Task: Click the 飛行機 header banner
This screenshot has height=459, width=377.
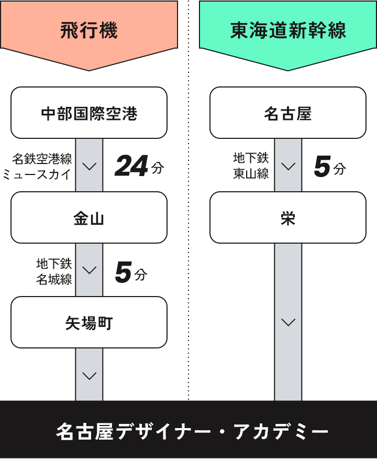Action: pos(89,30)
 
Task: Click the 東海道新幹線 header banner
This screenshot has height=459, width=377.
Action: pos(288,30)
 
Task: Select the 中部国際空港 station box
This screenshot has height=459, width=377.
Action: pos(89,113)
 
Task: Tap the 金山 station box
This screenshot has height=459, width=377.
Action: pos(89,218)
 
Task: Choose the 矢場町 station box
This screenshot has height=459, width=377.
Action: pos(89,323)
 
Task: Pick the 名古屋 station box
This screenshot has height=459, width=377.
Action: pos(288,113)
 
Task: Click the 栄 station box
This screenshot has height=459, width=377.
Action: pos(288,218)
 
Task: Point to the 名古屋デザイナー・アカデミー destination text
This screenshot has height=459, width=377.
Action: pos(192,432)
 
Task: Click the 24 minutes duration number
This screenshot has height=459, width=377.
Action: pos(131,167)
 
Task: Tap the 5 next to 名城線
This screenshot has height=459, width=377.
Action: pos(123,272)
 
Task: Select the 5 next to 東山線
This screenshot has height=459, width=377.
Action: pos(322,167)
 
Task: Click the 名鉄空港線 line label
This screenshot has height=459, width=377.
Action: pos(42,159)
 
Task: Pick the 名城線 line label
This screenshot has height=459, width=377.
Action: pos(54,279)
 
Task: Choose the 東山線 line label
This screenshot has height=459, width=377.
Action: pos(251,174)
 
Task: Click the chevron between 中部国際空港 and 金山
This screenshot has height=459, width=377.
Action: pos(90,167)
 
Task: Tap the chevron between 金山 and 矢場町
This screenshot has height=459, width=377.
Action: pos(90,270)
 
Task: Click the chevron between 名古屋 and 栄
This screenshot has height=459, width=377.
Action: pos(289,167)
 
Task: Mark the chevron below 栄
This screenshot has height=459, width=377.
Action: pos(289,322)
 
